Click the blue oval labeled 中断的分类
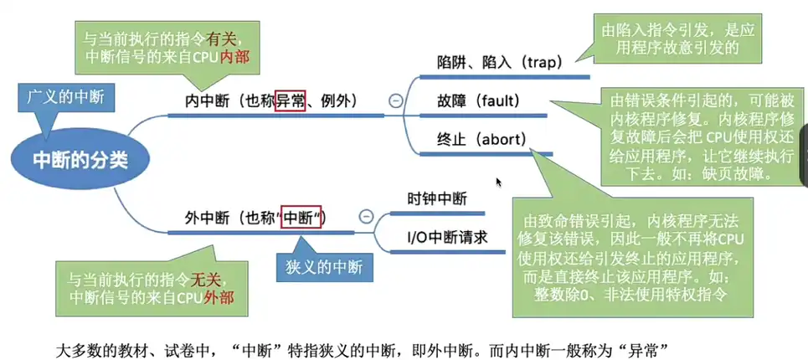tap(80, 159)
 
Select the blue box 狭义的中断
tap(325, 268)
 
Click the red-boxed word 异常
tap(291, 101)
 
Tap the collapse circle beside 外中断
tap(366, 217)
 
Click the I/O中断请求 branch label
tap(447, 237)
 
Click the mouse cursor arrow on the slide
tap(499, 182)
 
